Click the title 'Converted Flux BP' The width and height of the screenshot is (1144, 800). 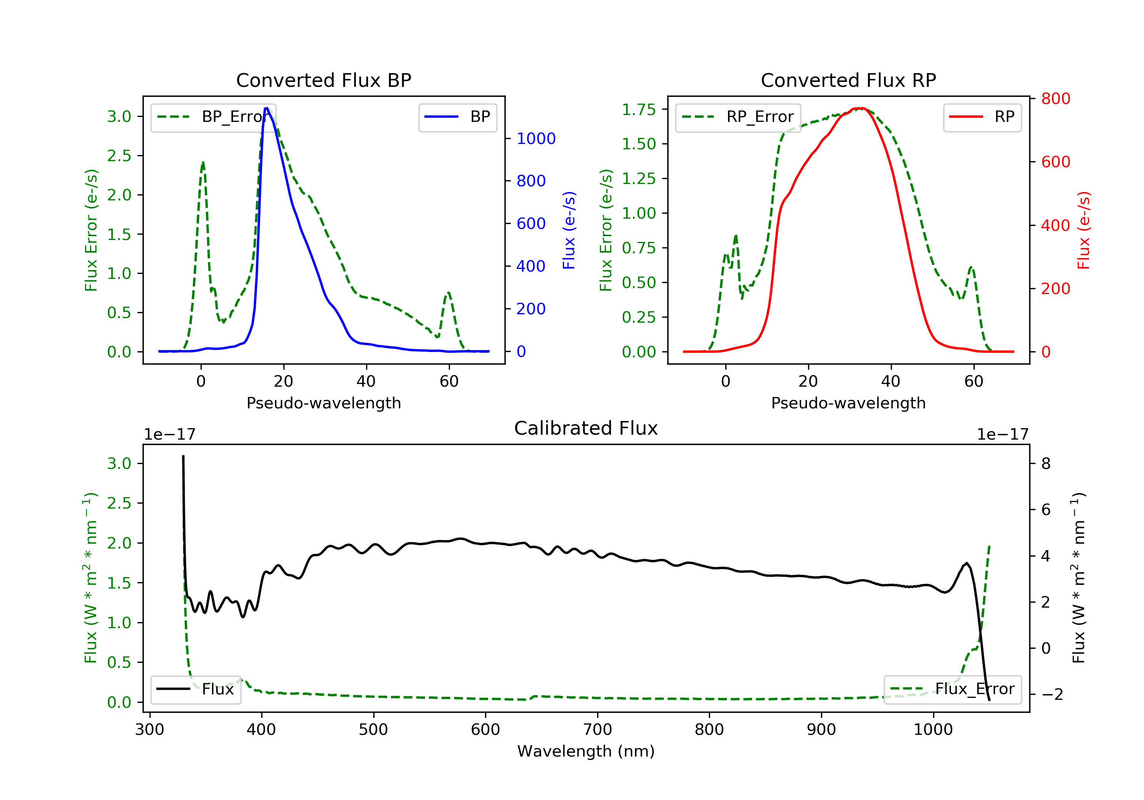click(x=323, y=80)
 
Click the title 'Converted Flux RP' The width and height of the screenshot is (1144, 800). click(x=848, y=80)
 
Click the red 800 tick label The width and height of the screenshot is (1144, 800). click(x=1055, y=99)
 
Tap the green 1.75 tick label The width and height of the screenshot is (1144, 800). click(x=639, y=109)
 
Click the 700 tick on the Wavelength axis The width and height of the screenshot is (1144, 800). click(x=598, y=730)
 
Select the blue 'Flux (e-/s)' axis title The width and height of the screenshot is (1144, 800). click(x=569, y=230)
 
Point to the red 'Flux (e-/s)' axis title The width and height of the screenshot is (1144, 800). click(x=1084, y=230)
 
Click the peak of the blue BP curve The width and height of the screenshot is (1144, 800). click(x=267, y=108)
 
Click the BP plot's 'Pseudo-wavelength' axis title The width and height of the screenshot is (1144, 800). click(x=323, y=403)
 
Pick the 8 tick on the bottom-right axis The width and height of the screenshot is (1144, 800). click(x=1046, y=464)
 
